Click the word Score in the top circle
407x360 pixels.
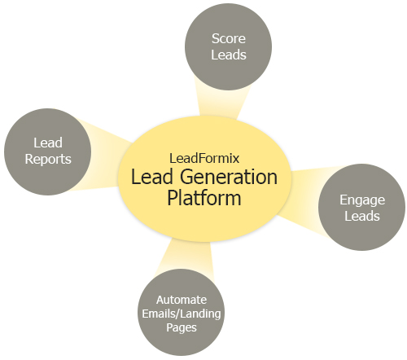coord(229,38)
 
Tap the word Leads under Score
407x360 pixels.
coord(229,55)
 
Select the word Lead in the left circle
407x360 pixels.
coord(48,143)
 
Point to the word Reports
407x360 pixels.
coord(48,160)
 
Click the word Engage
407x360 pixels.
coord(362,200)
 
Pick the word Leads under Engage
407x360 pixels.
coord(362,216)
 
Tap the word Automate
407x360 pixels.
coord(182,300)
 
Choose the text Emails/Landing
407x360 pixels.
coord(182,314)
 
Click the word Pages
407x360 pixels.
coord(182,327)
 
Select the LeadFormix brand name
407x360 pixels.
coord(204,158)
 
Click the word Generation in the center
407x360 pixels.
coord(229,177)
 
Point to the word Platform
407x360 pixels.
coord(204,198)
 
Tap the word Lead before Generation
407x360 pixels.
coord(152,177)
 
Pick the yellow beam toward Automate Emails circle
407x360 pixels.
coord(187,258)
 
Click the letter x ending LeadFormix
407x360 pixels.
coord(236,160)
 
